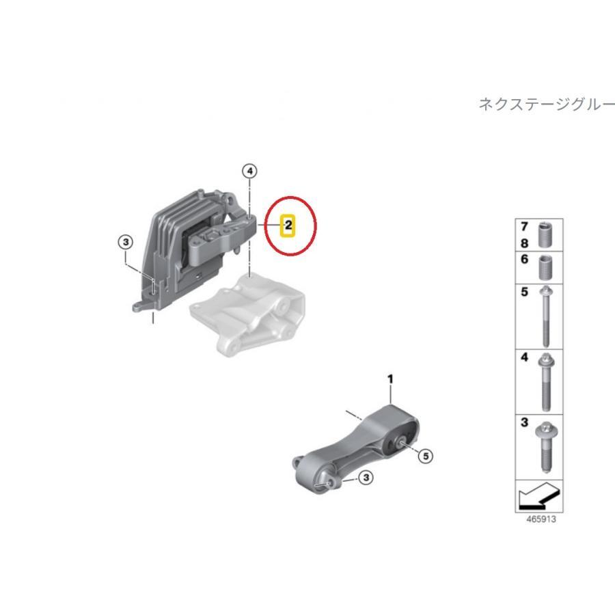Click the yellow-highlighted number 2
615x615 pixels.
[x=288, y=224]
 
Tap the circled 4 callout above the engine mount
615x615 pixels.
[x=250, y=171]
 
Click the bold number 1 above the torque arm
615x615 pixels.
[x=390, y=378]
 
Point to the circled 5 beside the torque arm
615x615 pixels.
[x=426, y=456]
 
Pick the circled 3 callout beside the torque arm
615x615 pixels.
[x=366, y=478]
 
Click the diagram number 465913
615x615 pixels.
[x=541, y=519]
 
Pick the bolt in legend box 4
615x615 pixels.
[x=545, y=381]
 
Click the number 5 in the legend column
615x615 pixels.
[x=524, y=292]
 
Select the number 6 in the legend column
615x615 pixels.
[x=524, y=260]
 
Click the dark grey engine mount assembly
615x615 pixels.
[x=191, y=246]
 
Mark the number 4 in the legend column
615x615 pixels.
[x=524, y=357]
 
